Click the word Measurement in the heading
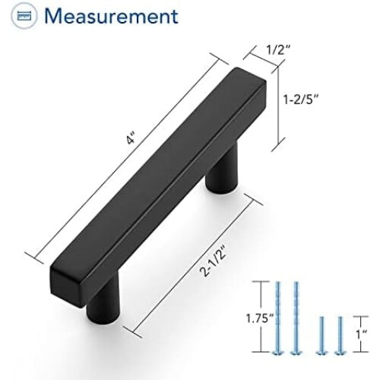coord(111,17)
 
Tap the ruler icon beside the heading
coord(24,16)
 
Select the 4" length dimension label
coord(131,140)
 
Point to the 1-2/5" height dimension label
coord(300,99)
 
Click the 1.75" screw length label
coord(260,318)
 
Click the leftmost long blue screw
coord(278,318)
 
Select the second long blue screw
coord(296,318)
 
